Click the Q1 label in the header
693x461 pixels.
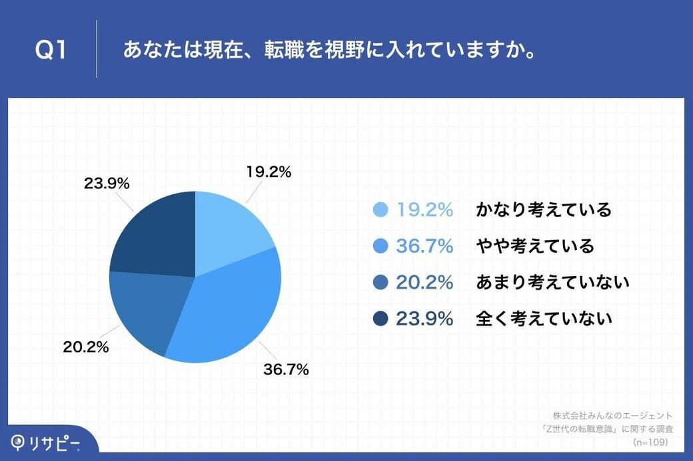(51, 51)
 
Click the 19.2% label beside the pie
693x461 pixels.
(269, 172)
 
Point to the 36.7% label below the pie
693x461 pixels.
(286, 370)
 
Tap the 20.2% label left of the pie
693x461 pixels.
(86, 347)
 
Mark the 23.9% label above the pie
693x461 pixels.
(106, 183)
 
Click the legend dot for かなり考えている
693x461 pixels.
(380, 210)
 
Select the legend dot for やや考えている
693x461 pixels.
(380, 247)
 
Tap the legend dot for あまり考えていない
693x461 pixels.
(380, 283)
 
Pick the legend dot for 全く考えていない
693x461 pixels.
(380, 319)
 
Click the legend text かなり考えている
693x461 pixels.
(543, 210)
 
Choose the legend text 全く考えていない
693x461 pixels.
(544, 319)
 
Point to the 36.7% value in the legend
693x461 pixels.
(424, 247)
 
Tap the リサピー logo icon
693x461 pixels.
(19, 441)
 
